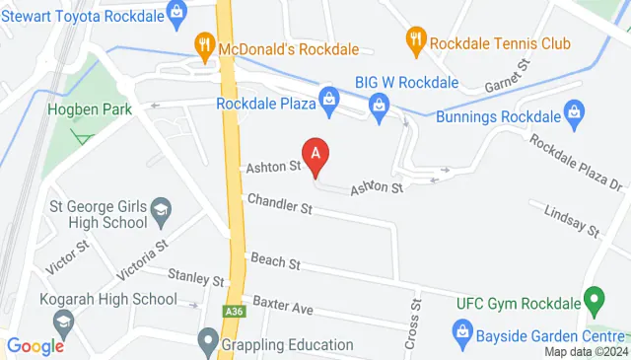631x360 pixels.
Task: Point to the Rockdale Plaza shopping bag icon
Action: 328,99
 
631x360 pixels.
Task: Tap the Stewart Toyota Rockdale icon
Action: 177,13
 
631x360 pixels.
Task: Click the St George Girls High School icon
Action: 161,209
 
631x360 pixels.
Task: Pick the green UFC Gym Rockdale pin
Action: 594,297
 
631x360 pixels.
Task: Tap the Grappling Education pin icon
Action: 207,344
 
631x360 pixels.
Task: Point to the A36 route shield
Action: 232,310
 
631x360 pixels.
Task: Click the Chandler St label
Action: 279,208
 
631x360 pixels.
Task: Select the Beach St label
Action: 275,262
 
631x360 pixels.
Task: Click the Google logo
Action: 35,345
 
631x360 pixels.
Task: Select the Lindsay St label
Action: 574,221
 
